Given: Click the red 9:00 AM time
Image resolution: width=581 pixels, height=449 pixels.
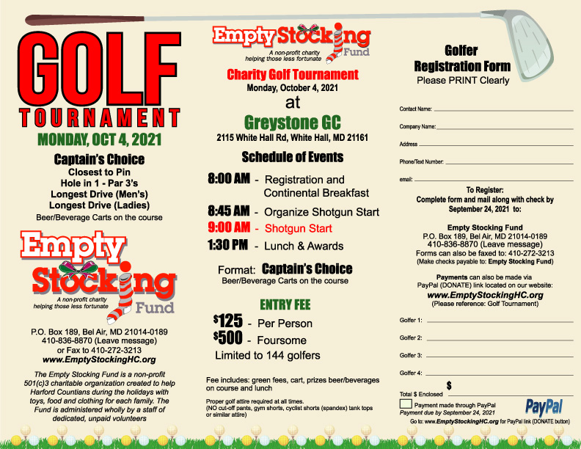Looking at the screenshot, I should [230, 227].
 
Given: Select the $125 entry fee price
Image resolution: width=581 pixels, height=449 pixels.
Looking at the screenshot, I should [227, 323].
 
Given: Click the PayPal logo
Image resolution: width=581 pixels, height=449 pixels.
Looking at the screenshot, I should [544, 406].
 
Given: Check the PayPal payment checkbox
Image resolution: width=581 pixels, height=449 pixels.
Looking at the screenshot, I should [406, 404].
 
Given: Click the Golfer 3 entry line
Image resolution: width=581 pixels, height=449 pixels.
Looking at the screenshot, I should [499, 356].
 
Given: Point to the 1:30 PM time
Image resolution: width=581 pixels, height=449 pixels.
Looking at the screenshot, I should [227, 245].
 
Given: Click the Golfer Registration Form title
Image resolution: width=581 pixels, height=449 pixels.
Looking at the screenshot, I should [461, 59].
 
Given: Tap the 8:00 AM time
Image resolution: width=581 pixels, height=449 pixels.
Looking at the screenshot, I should [230, 180].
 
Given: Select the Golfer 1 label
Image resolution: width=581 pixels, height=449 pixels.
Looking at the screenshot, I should [411, 321].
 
